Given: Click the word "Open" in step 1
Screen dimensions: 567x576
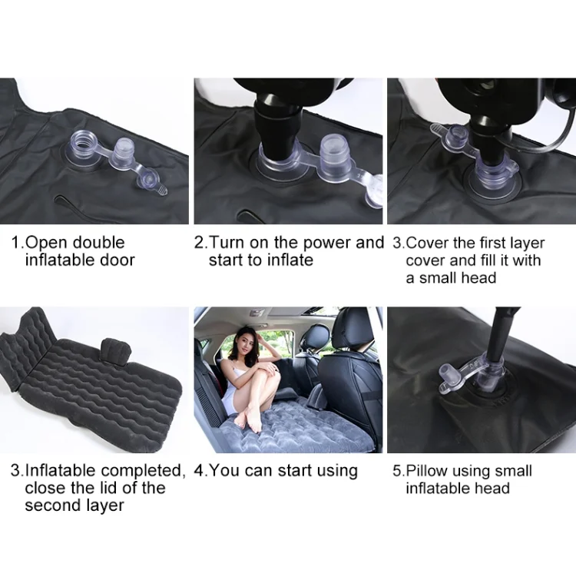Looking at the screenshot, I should coord(47,244).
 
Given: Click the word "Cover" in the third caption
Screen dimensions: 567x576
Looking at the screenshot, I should coord(429,244).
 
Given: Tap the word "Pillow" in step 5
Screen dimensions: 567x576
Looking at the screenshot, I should coord(427,471).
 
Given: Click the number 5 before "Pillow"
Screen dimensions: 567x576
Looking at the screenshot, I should coord(397,471).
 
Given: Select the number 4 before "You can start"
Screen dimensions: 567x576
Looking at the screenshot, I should coord(199,471).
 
